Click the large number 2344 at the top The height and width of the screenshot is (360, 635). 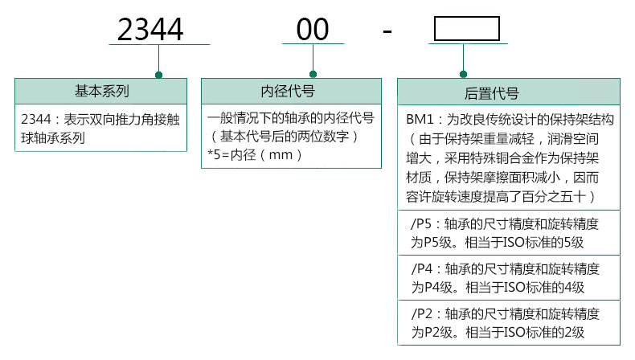tap(150, 30)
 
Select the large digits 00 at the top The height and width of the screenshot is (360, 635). tap(313, 30)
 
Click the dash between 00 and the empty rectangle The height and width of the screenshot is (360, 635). tap(387, 32)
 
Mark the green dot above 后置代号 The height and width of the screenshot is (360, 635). tap(463, 76)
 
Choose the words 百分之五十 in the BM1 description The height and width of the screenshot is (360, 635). tap(560, 195)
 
